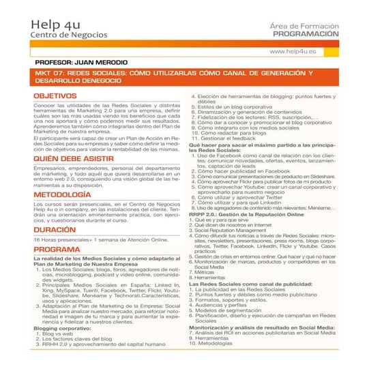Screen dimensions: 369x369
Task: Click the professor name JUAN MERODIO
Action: [100, 62]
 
